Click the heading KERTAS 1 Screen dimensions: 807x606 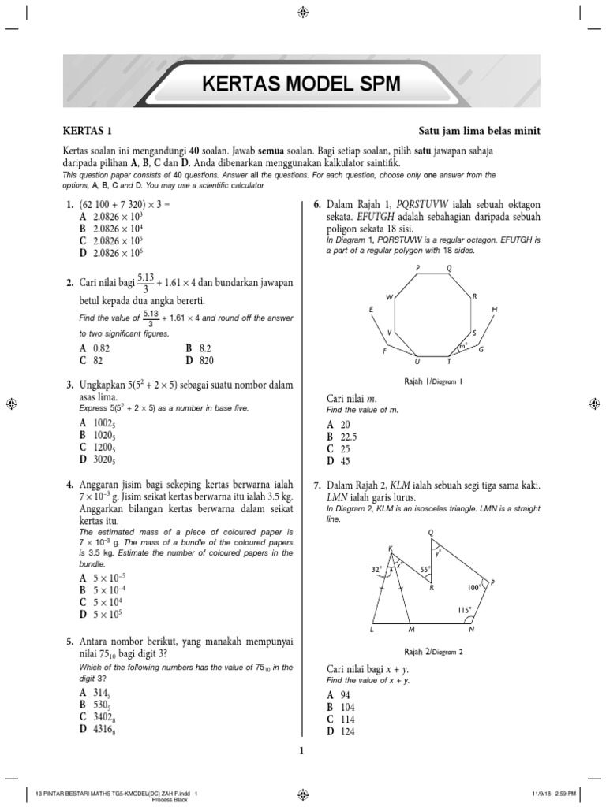(92, 131)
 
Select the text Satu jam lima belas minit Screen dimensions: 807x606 (480, 131)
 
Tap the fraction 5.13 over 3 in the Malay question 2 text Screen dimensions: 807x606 (145, 283)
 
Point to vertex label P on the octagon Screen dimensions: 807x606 (417, 269)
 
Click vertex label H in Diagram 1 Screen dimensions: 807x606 (495, 310)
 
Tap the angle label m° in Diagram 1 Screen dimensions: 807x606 (464, 344)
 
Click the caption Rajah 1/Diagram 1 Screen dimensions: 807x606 (432, 381)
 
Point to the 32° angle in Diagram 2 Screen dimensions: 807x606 (377, 567)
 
